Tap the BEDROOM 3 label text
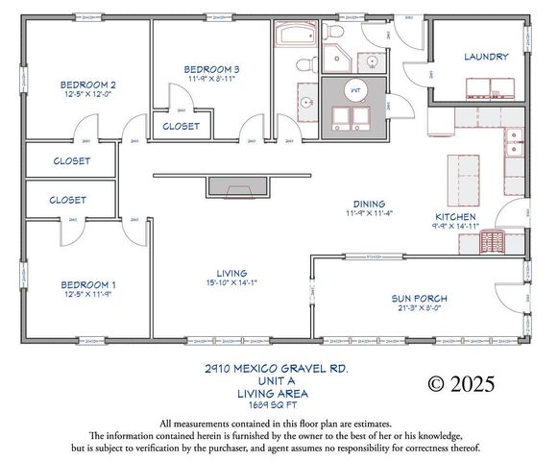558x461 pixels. (x=211, y=69)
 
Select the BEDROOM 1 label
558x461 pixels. (x=88, y=284)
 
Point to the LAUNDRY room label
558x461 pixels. (x=486, y=57)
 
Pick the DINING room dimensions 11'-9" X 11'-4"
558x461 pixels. (x=370, y=214)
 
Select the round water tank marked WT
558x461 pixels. (x=354, y=89)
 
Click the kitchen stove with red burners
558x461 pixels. (x=494, y=242)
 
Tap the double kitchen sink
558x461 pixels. (x=514, y=144)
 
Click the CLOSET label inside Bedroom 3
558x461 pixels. (x=181, y=126)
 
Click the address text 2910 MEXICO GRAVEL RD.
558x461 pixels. (x=277, y=368)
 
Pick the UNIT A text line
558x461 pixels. (x=277, y=380)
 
